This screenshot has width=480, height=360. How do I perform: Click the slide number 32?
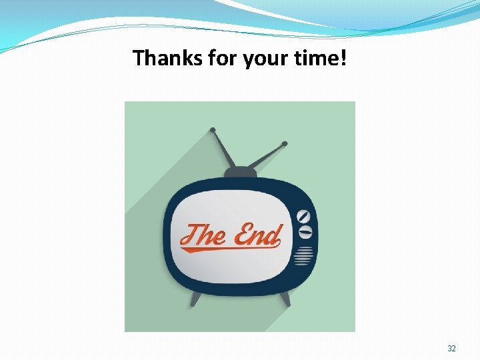pos(451,349)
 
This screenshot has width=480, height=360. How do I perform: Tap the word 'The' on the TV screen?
pos(203,235)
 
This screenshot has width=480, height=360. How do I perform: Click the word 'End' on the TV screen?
pos(257,235)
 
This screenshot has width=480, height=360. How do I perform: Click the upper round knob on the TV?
pos(305,217)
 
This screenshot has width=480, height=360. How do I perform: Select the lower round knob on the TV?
pos(305,232)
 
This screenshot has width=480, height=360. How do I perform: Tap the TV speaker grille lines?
pos(304,255)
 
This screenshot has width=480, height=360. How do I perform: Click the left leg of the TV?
pos(195,299)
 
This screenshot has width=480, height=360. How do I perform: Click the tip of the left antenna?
pos(213,129)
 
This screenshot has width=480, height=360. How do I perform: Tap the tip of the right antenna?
pos(285,143)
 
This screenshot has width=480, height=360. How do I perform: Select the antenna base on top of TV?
pos(240,173)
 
